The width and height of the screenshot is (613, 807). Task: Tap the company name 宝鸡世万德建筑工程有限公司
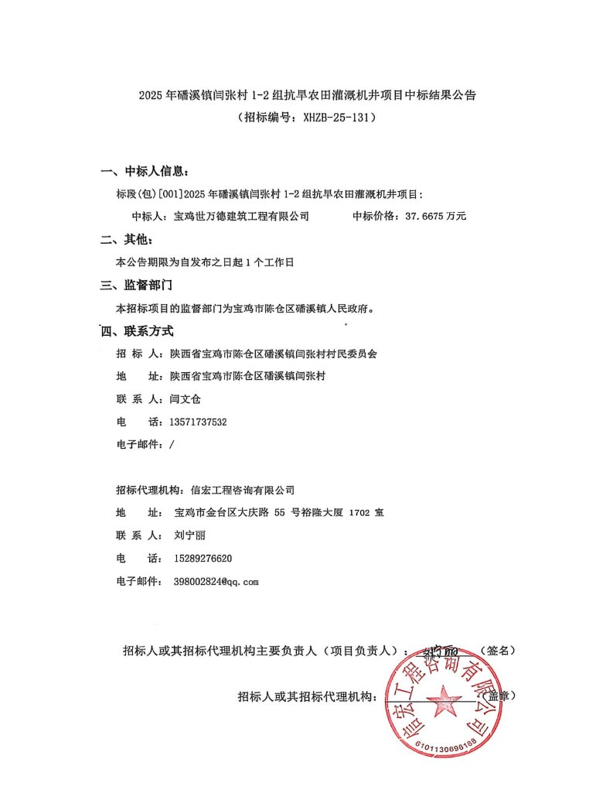[x=241, y=217]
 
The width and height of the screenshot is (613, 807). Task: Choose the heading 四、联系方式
[x=139, y=331]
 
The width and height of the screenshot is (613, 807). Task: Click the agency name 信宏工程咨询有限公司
[x=243, y=490]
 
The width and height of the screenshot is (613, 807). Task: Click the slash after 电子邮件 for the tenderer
[x=171, y=445]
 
